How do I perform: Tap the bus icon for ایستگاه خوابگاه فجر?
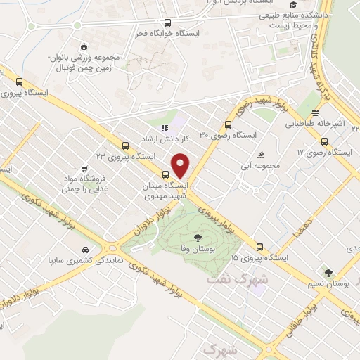click(x=167, y=22)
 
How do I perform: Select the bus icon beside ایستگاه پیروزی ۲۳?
click(x=125, y=146)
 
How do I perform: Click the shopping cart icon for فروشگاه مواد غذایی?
click(x=84, y=169)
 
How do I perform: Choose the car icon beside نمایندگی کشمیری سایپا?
click(x=85, y=250)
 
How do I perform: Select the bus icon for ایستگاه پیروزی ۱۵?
click(x=259, y=247)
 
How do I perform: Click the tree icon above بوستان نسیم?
click(x=326, y=271)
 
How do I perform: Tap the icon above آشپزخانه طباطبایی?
click(x=316, y=112)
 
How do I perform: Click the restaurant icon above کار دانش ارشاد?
click(x=165, y=129)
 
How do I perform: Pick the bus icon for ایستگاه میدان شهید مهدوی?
click(x=166, y=174)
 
